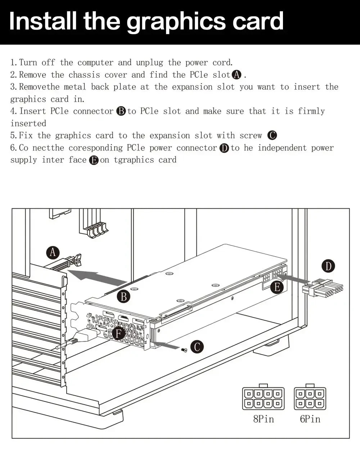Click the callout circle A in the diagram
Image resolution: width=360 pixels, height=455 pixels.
point(53,252)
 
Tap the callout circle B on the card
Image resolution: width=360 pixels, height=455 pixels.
point(124,297)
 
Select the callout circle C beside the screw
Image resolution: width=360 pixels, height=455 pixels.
point(197,347)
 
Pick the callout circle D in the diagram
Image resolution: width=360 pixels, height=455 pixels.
point(328,266)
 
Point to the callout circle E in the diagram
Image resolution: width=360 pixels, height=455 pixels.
point(277,287)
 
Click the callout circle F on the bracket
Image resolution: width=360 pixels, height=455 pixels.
point(118,334)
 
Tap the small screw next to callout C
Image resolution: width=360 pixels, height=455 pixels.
point(184,350)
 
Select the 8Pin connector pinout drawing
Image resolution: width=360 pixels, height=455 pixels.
point(263,398)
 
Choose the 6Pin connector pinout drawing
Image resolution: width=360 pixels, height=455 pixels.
point(310,398)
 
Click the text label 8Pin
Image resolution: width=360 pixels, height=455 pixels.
point(264,419)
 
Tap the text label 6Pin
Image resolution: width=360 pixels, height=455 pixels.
point(310,419)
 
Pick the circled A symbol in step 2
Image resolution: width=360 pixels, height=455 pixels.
point(237,75)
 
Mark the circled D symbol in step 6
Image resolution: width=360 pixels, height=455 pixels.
point(224,148)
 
